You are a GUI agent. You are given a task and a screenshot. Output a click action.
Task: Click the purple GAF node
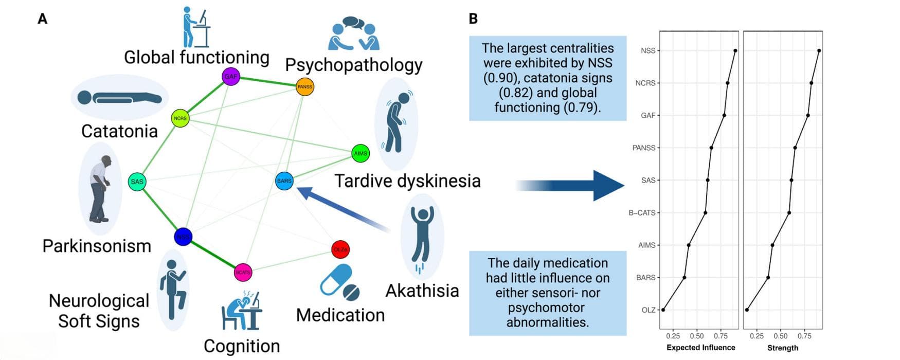click(x=231, y=77)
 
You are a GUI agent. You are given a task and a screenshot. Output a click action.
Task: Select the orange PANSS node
click(x=304, y=86)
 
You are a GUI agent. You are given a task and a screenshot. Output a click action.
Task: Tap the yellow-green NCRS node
click(x=180, y=118)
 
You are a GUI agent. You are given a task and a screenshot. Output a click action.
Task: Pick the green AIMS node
click(x=361, y=153)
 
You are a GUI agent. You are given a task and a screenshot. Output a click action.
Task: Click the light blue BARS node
click(x=284, y=181)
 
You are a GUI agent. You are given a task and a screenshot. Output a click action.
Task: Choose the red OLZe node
click(x=340, y=249)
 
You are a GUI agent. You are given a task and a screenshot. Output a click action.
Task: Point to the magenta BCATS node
click(x=243, y=272)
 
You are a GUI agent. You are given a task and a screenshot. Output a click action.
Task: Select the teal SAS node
click(x=137, y=182)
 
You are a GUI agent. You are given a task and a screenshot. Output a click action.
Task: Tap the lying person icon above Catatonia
click(x=119, y=97)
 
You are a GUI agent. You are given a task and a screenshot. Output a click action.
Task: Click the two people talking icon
click(x=353, y=33)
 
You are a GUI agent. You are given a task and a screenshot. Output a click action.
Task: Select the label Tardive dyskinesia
click(x=407, y=181)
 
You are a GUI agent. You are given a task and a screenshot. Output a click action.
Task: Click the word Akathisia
click(x=422, y=291)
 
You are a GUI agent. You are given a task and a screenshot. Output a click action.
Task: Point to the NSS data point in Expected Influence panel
click(x=735, y=50)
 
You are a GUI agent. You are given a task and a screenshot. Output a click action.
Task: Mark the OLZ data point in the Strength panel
click(x=747, y=310)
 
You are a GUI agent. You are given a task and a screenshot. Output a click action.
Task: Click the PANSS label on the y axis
click(x=644, y=148)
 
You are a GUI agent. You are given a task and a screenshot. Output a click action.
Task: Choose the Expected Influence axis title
click(x=700, y=348)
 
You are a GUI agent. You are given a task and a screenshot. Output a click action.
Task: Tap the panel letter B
click(x=474, y=19)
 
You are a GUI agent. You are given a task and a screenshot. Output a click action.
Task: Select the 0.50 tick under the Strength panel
click(x=781, y=336)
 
